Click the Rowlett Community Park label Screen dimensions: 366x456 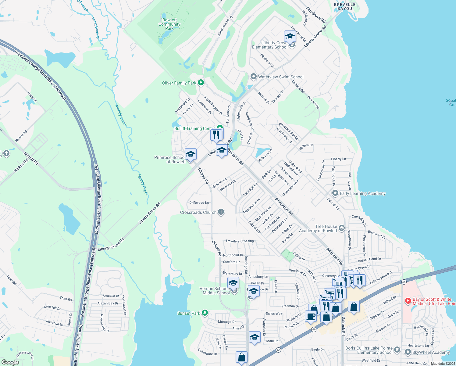coord(169,24)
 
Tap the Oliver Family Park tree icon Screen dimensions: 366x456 coord(201,83)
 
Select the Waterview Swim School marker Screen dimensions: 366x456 coord(253,77)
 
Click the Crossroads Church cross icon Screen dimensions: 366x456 coord(221,212)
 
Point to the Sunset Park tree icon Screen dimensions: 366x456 coord(205,313)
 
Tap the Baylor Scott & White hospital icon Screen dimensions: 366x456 coord(408,301)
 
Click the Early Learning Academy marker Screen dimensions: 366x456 coord(335,193)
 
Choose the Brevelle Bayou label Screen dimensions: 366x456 coord(345,7)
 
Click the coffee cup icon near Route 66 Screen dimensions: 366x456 coord(311,316)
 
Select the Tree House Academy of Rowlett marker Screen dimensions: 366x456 coord(341,228)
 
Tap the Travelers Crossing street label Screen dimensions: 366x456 coord(240,241)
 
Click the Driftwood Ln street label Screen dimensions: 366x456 coord(199,203)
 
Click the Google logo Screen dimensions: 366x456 coord(10,362)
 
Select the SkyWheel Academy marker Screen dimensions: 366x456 coord(408,352)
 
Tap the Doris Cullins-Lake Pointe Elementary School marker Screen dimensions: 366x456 coord(397,350)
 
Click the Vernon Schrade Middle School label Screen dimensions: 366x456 coord(216,291)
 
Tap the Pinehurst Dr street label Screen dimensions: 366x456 coord(268,61)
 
